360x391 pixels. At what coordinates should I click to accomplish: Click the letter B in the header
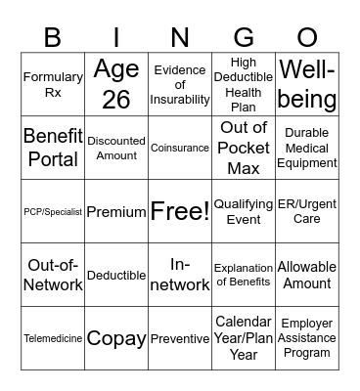click(52, 37)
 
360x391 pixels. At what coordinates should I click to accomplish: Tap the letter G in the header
click(244, 37)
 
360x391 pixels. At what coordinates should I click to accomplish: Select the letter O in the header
click(307, 37)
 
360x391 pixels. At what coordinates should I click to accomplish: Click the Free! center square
click(179, 211)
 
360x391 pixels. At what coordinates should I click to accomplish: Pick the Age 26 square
click(116, 84)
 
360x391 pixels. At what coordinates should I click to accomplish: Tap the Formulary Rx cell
click(53, 84)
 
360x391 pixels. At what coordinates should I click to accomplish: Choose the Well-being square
click(307, 84)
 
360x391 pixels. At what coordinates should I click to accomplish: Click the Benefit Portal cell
click(53, 147)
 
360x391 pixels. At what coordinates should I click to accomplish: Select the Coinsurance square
click(179, 148)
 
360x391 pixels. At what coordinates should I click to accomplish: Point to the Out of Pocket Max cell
click(244, 147)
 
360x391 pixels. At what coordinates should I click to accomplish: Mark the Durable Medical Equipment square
click(307, 147)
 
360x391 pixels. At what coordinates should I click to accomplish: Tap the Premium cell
click(116, 211)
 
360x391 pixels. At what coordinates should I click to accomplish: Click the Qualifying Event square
click(244, 211)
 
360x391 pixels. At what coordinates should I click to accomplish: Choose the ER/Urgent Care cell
click(307, 211)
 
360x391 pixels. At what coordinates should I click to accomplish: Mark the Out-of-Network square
click(53, 275)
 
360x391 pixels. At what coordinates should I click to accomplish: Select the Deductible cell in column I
click(116, 276)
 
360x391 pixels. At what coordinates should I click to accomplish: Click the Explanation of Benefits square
click(244, 275)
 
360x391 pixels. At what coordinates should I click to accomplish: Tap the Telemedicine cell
click(53, 339)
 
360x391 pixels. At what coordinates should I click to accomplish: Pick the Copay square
click(116, 338)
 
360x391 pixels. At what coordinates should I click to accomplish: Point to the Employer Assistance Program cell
click(307, 338)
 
